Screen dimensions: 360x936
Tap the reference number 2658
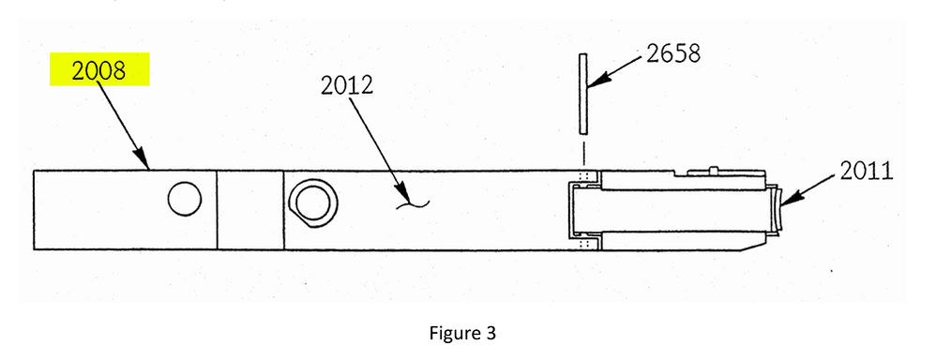click(672, 53)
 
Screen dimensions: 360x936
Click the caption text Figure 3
click(467, 333)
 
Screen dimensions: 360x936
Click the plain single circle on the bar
click(184, 198)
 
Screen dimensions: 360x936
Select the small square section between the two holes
click(249, 211)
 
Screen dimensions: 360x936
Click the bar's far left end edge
click(35, 211)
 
